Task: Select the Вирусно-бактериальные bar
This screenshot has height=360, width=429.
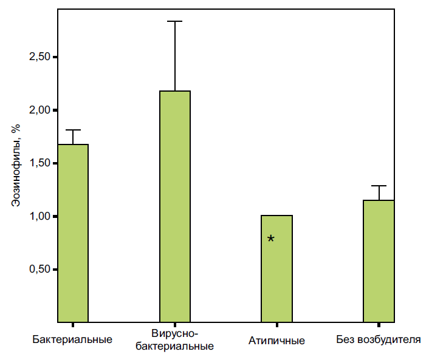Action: [175, 206]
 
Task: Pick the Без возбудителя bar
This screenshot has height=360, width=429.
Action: [379, 260]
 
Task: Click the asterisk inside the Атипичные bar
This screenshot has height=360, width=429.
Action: [271, 239]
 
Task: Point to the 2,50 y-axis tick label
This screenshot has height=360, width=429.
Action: [39, 57]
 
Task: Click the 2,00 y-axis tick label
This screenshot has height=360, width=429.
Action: [39, 110]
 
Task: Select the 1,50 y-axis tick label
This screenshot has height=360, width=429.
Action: [39, 163]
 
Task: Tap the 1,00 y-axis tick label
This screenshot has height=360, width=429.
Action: [39, 217]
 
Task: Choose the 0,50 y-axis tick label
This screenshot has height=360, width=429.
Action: [39, 270]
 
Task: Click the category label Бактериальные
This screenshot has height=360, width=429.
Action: [72, 339]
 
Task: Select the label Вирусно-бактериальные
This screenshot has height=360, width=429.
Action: [174, 341]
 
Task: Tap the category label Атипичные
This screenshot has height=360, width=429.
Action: [276, 340]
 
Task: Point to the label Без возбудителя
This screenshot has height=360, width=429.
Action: [379, 339]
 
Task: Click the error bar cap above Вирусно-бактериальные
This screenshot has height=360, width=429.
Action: [175, 22]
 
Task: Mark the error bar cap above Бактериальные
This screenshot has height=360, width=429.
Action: [73, 130]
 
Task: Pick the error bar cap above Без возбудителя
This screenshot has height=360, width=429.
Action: [379, 186]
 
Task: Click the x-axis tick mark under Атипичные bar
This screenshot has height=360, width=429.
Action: [277, 325]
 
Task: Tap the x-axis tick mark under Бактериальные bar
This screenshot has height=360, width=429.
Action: [73, 325]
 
